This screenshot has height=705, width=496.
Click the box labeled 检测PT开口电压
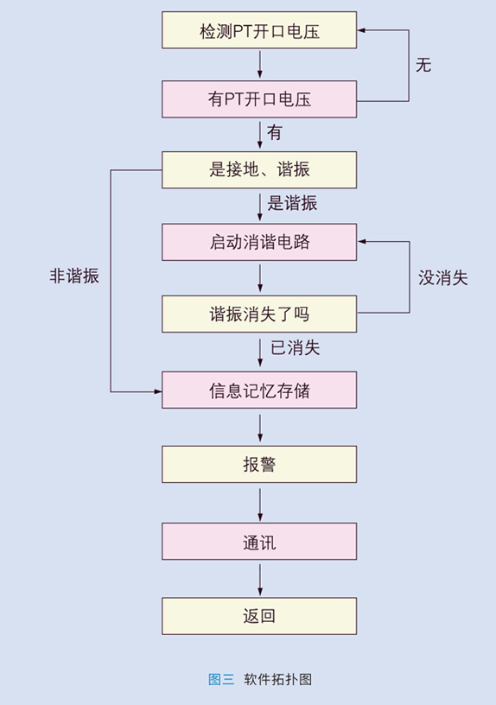(259, 30)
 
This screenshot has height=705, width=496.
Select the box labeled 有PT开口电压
(259, 99)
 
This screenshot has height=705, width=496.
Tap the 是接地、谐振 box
(259, 170)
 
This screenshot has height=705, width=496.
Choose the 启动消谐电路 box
(259, 242)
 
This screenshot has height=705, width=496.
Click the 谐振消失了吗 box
(259, 314)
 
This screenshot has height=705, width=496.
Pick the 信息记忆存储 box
(259, 390)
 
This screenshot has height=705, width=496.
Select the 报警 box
(259, 465)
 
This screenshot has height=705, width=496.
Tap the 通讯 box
(259, 542)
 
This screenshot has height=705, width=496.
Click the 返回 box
(259, 616)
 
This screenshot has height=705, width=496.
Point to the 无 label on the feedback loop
(423, 65)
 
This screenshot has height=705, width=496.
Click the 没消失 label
(443, 278)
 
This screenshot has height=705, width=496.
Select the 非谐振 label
(74, 276)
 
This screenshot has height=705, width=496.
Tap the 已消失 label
(295, 348)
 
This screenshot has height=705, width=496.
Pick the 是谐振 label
(292, 203)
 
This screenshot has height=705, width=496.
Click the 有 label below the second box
(274, 133)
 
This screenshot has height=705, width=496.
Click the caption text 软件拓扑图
(278, 679)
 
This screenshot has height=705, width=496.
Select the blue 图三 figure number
(221, 679)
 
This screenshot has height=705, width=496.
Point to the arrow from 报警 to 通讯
(260, 505)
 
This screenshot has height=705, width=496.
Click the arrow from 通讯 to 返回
(260, 580)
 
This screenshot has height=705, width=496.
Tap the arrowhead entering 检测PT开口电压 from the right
(361, 30)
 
